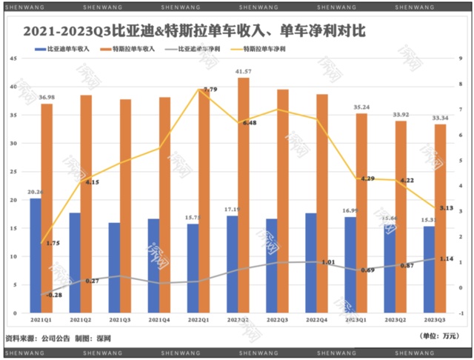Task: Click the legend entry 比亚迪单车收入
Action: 67,50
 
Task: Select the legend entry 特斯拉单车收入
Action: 137,50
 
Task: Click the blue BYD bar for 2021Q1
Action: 36,256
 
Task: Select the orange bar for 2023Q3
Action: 440,219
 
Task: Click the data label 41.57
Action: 242,72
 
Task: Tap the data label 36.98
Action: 47,98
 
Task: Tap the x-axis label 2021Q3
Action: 120,320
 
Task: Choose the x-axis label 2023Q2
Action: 401,320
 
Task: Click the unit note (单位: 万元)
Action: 438,336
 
